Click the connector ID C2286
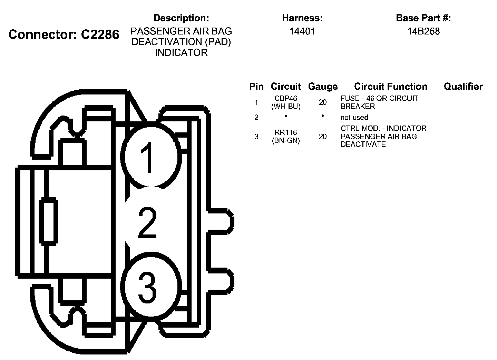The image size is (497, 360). (100, 34)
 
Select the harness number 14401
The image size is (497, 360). (302, 31)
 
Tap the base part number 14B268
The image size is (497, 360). (423, 31)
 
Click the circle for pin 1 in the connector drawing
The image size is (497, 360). (151, 157)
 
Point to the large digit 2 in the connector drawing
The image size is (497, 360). (148, 222)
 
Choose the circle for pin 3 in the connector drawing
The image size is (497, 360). (151, 287)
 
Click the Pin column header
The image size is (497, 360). (256, 87)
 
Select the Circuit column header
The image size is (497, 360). (286, 87)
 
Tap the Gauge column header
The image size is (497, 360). (323, 87)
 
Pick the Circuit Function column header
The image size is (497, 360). (390, 87)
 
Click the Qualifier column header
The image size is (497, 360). (463, 87)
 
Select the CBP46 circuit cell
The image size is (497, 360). (286, 99)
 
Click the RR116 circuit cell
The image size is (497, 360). (286, 132)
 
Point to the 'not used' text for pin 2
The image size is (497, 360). (354, 118)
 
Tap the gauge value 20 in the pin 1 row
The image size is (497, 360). (323, 102)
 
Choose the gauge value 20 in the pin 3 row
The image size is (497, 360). (323, 137)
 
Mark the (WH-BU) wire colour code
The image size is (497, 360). (286, 107)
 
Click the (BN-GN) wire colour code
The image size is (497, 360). (286, 141)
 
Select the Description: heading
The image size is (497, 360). (181, 18)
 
